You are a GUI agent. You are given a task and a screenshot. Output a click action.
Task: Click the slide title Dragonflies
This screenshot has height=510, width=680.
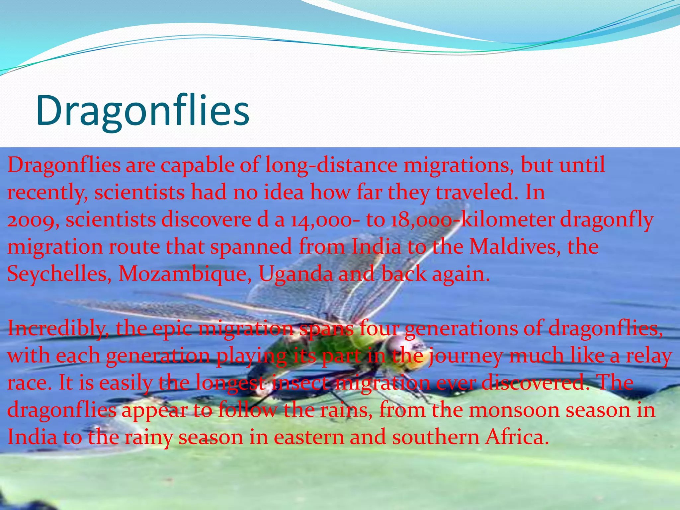click(143, 110)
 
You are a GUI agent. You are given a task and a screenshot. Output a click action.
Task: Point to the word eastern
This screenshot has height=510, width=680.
click(308, 437)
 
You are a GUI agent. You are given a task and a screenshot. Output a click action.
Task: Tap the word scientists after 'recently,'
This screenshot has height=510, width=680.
click(139, 193)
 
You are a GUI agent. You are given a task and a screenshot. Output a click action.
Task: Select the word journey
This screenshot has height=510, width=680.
click(465, 356)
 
